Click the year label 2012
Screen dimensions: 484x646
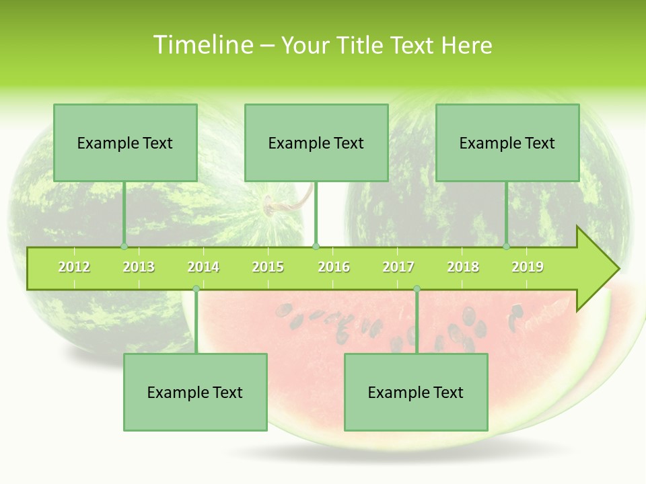74,267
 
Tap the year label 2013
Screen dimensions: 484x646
139,267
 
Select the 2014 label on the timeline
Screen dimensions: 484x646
203,267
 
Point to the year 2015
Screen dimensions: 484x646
268,267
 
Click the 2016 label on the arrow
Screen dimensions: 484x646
334,267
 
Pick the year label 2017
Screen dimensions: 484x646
398,267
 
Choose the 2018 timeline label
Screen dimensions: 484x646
463,267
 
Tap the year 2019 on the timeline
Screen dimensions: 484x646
528,267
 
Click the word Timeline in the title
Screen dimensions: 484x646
203,45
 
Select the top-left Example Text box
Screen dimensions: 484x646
125,143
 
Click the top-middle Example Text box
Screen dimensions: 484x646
316,143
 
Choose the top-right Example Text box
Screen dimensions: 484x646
507,143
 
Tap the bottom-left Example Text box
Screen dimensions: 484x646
195,392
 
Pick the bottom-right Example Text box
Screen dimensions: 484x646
416,392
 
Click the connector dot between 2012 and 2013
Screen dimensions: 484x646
124,247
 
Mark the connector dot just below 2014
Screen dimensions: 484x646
196,289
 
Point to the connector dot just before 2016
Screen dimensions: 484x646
316,247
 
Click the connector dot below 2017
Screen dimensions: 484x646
417,289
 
